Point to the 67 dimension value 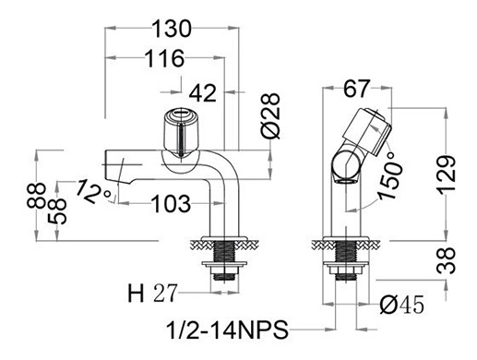(x=356, y=89)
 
